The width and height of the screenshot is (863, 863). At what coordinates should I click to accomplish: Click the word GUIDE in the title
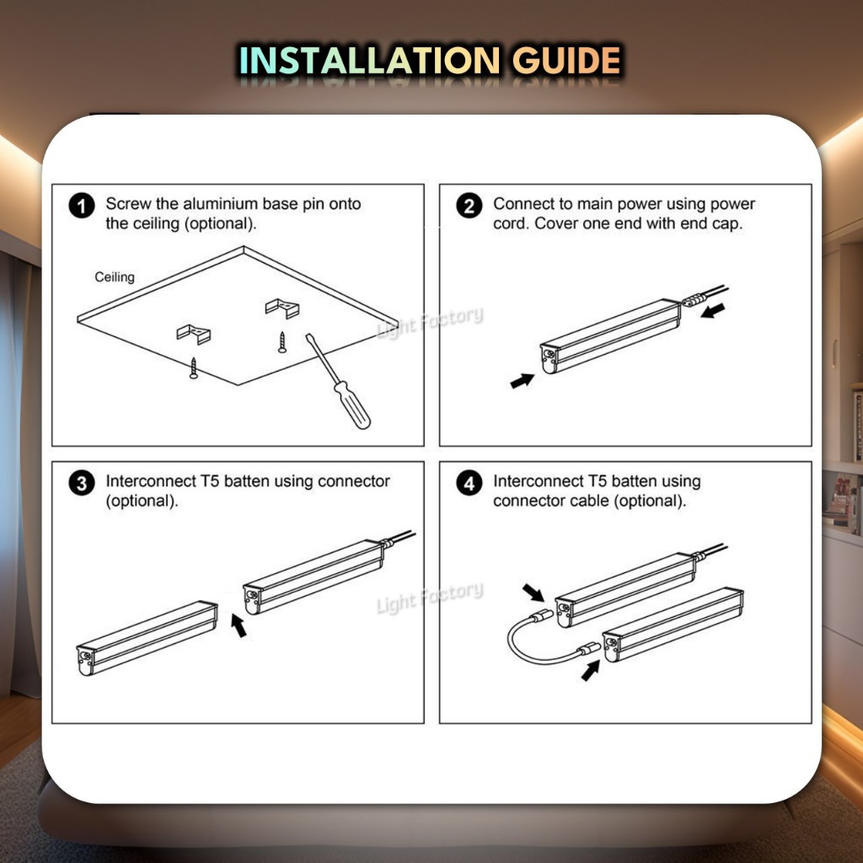coord(566,61)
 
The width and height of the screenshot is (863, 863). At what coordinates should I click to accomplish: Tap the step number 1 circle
coord(82,206)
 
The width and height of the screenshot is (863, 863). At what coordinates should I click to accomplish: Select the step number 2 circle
coord(469,206)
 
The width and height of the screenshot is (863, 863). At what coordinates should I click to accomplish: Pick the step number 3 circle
coord(82,483)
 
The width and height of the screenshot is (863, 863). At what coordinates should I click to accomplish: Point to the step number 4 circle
coord(469,483)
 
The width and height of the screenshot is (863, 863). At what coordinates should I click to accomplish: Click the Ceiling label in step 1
coord(115,276)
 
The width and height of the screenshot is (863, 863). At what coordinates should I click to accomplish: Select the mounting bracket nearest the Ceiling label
coord(193,334)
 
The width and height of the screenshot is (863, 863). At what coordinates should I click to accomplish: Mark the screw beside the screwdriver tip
coord(281,342)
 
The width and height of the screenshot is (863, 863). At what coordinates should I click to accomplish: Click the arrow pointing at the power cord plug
coord(713,310)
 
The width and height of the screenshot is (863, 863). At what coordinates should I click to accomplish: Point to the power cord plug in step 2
coord(694,300)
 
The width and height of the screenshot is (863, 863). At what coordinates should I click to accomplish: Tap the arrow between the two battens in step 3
coord(239,626)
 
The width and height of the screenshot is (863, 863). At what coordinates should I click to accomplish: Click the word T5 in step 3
coord(209,481)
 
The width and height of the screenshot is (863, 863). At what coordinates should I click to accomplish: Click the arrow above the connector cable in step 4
coord(533,592)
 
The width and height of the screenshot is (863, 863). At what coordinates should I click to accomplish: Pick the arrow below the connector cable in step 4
coord(591,670)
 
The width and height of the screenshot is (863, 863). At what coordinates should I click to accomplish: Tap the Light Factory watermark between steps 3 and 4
coord(431,598)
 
